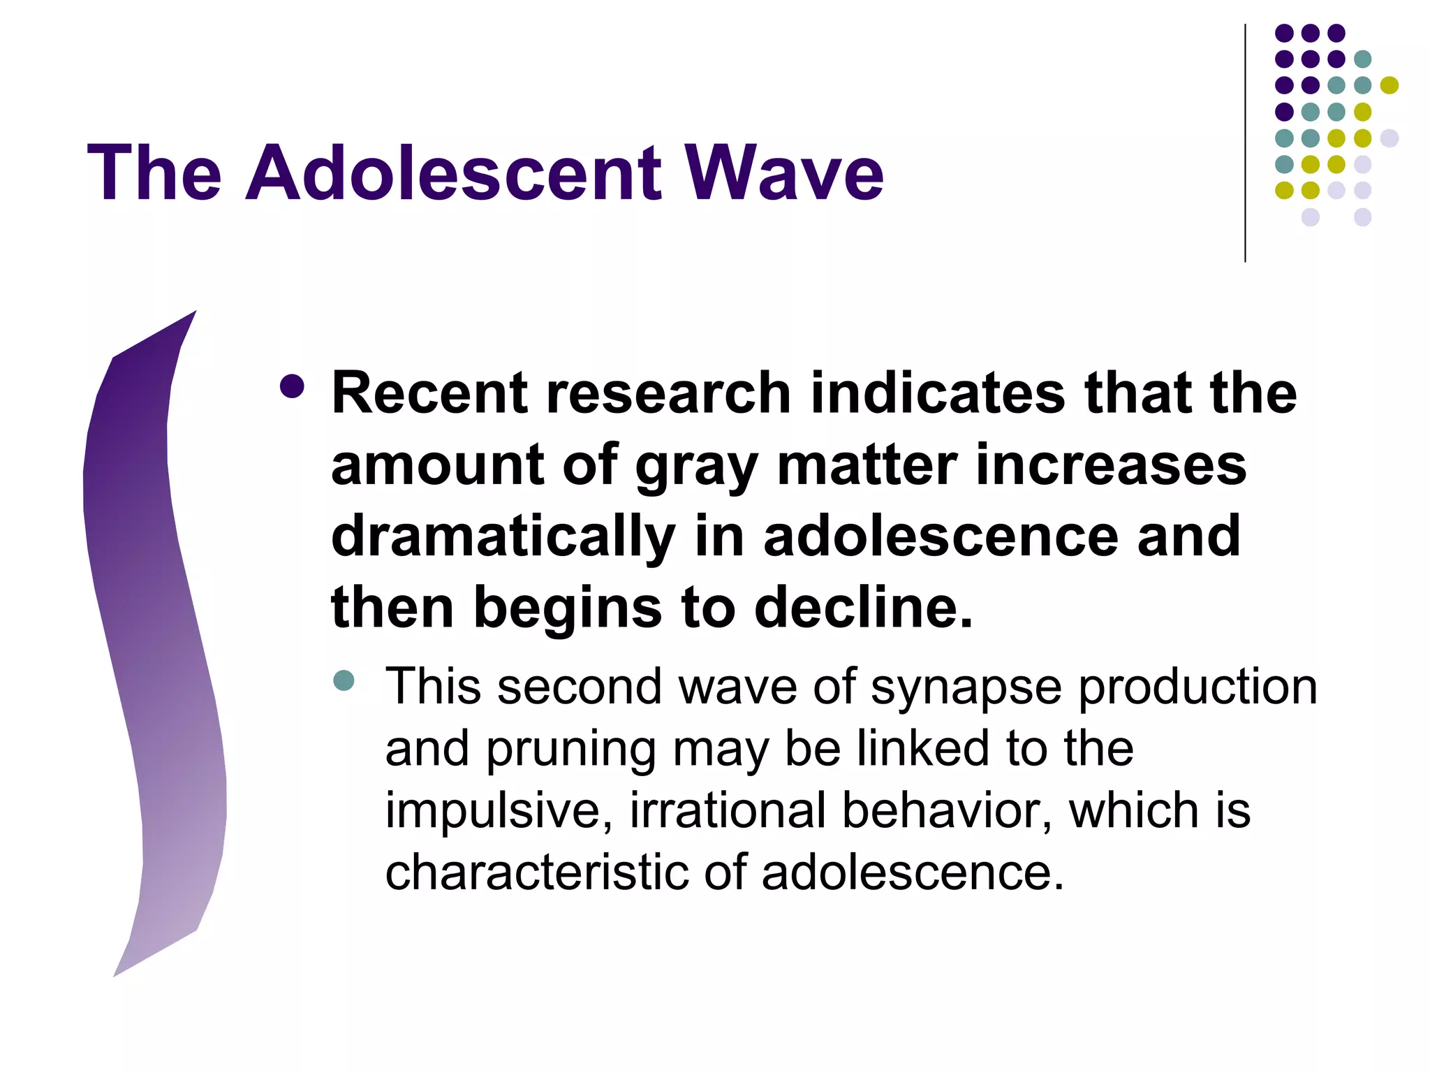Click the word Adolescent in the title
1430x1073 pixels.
tap(454, 173)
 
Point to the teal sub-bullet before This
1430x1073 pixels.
tap(344, 680)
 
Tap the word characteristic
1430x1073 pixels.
tap(536, 873)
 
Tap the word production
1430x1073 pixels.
tap(1197, 688)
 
